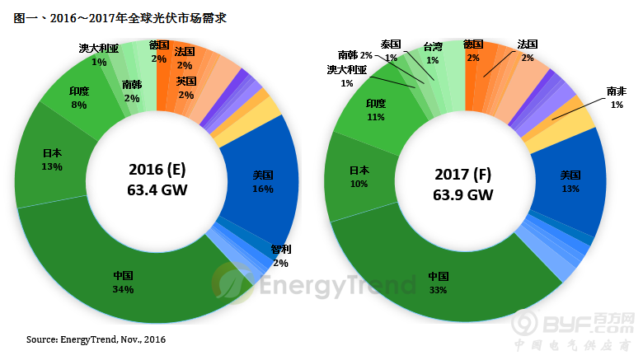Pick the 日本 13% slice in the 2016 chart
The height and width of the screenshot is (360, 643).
tap(51, 160)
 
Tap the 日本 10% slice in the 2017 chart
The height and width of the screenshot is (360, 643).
tap(359, 176)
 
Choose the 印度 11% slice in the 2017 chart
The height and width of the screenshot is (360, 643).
tap(376, 110)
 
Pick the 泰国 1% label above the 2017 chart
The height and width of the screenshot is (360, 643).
tap(391, 50)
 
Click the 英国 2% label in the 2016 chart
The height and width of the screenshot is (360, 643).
tap(185, 87)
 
